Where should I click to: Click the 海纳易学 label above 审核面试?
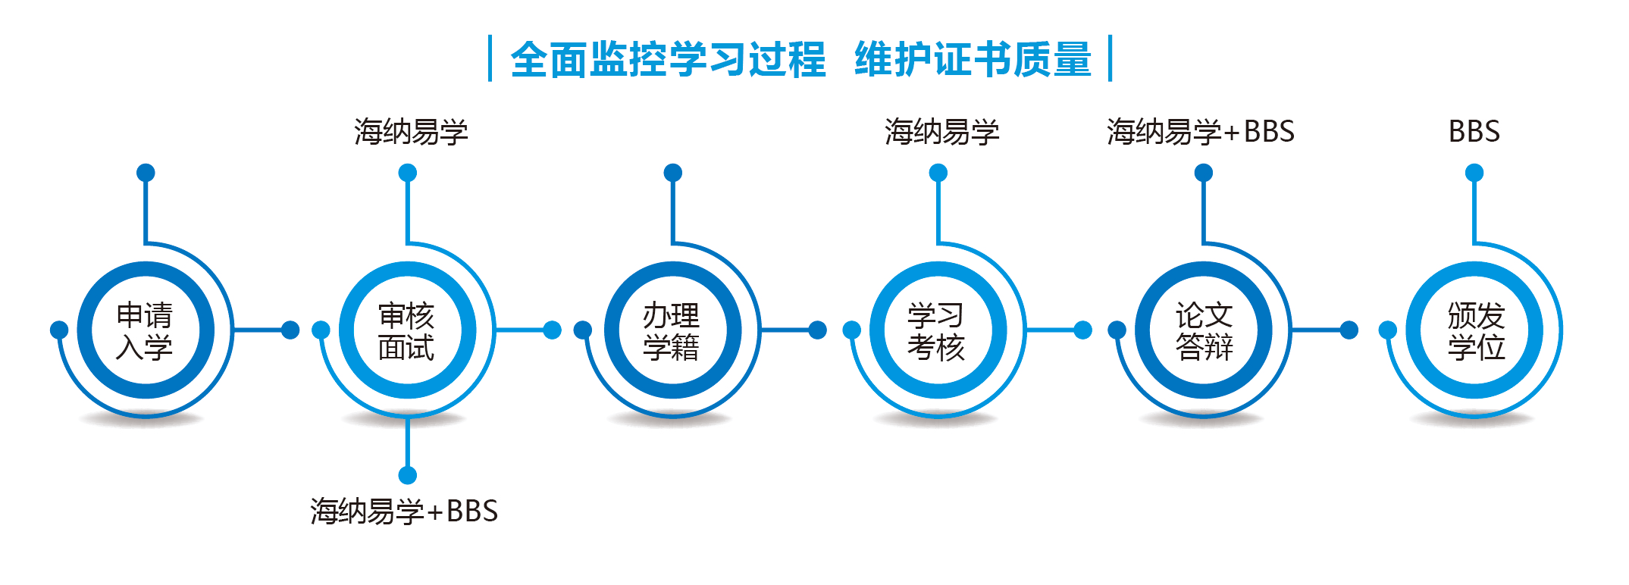[x=411, y=132]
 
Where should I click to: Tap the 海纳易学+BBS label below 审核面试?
[x=404, y=511]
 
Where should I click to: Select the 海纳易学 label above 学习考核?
[x=941, y=132]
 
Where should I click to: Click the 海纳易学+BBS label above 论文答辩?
[x=1201, y=132]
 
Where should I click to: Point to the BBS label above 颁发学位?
[x=1474, y=132]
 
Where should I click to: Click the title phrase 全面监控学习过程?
[x=668, y=59]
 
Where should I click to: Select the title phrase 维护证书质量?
[x=973, y=59]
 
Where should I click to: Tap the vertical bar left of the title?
[x=490, y=58]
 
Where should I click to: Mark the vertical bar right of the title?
[x=1110, y=58]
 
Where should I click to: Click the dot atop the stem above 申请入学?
[x=146, y=173]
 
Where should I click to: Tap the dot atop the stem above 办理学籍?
[x=673, y=173]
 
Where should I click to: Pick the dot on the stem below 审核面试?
[x=408, y=475]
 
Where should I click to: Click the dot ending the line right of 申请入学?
[x=290, y=330]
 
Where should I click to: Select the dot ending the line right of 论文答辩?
[x=1349, y=330]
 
